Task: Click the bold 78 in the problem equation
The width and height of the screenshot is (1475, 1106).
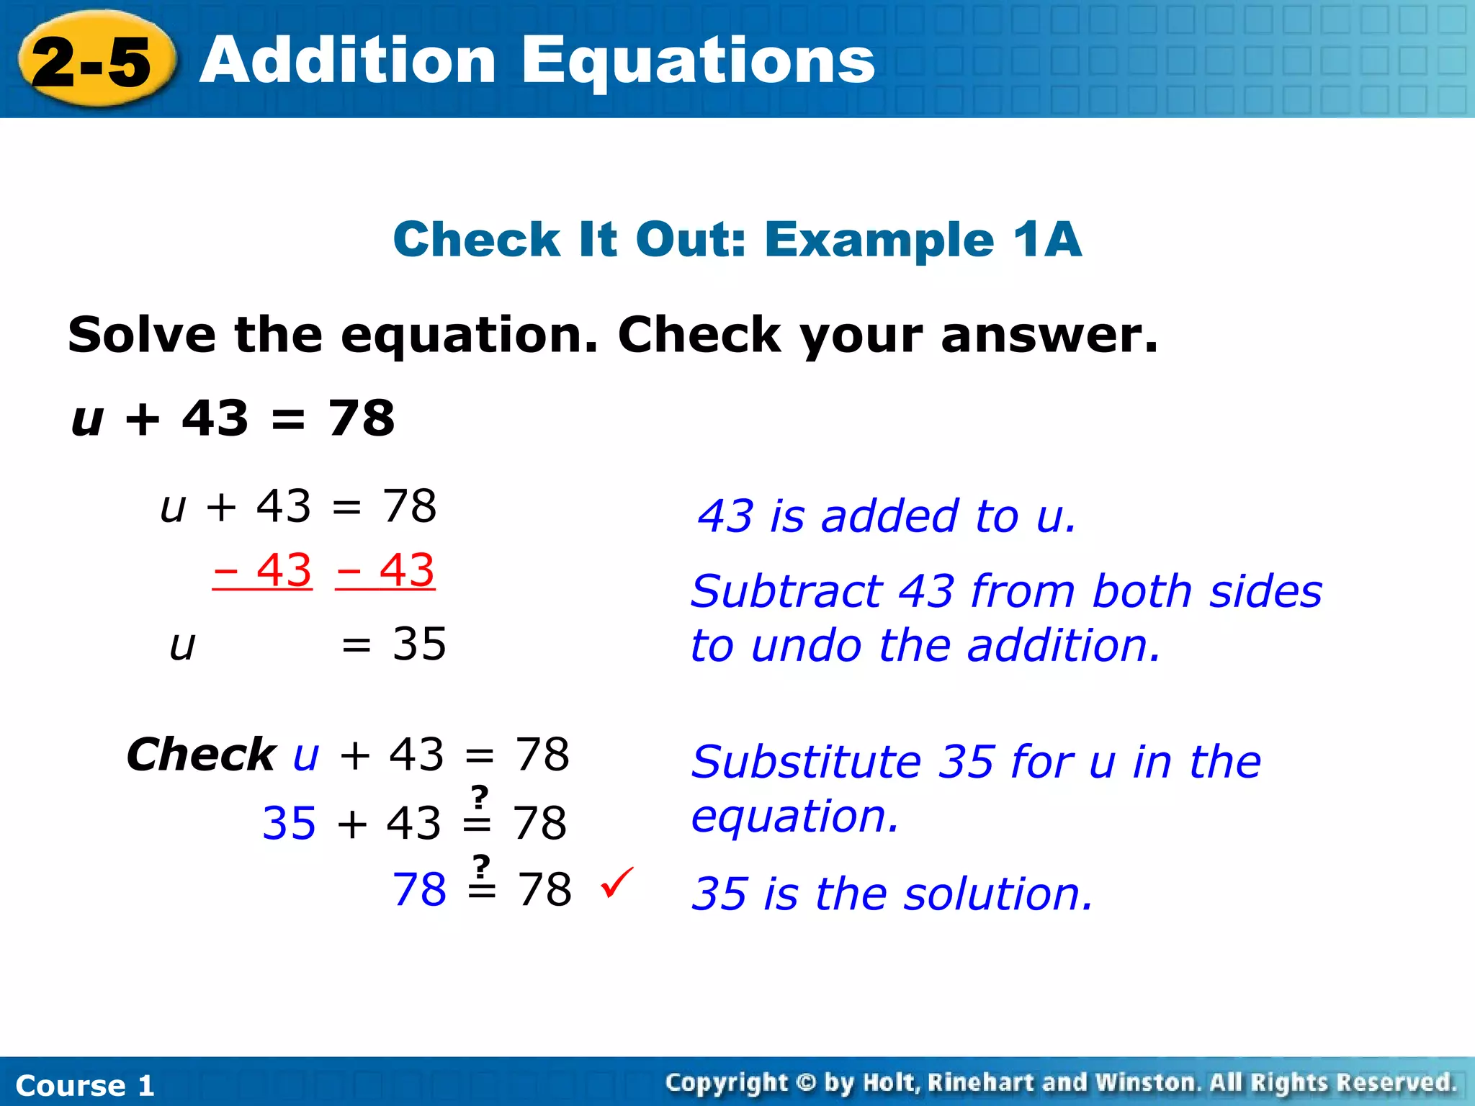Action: pyautogui.click(x=362, y=418)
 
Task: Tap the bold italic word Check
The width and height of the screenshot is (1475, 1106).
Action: pyautogui.click(x=200, y=755)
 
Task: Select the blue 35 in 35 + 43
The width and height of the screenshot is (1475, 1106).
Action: pyautogui.click(x=289, y=823)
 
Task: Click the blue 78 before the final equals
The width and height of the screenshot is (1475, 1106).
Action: pyautogui.click(x=419, y=889)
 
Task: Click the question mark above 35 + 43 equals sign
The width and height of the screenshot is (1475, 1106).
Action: pyautogui.click(x=479, y=797)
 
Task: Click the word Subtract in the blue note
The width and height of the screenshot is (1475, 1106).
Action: pyautogui.click(x=786, y=592)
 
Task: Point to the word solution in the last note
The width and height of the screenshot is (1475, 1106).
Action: pyautogui.click(x=998, y=894)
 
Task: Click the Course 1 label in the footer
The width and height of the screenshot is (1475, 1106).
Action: pyautogui.click(x=85, y=1085)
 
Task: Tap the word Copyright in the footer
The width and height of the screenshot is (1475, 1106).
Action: pyautogui.click(x=727, y=1082)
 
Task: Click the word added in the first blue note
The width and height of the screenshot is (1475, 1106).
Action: pyautogui.click(x=890, y=516)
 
